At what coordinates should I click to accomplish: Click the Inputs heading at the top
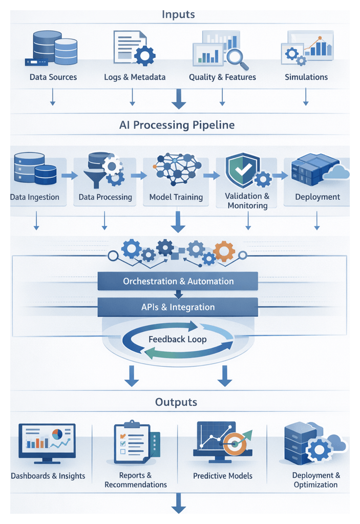178,14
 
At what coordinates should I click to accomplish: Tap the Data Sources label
53,77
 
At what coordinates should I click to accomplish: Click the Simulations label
306,77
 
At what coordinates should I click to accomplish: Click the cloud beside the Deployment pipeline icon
337,173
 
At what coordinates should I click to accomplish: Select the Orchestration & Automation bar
178,281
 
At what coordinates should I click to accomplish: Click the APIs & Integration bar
178,307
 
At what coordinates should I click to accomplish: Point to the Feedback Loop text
178,339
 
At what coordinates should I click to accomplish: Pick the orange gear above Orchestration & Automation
224,251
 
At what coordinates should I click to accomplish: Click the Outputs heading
176,403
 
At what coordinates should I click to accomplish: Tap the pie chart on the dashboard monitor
57,434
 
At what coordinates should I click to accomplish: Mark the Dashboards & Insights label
48,476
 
